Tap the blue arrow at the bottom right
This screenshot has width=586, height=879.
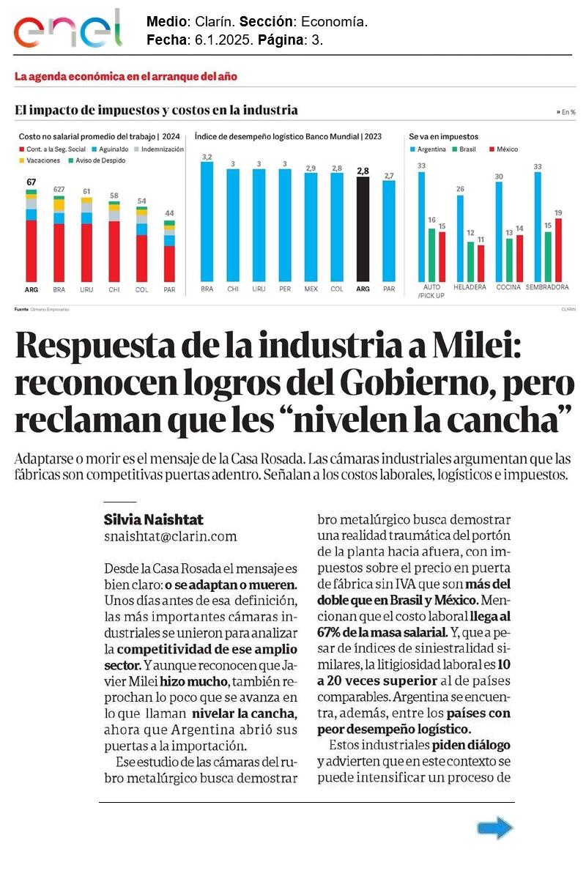click(494, 828)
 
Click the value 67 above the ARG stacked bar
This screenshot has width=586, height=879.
click(31, 182)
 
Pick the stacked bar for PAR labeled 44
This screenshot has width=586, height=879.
click(169, 250)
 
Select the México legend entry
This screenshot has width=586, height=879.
click(505, 149)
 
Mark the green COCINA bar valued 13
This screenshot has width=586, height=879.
click(509, 259)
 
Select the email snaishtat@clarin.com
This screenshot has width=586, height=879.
click(171, 536)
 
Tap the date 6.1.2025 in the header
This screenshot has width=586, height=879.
click(220, 40)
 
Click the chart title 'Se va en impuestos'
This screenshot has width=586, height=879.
click(443, 136)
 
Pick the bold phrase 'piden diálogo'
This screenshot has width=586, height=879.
click(470, 745)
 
